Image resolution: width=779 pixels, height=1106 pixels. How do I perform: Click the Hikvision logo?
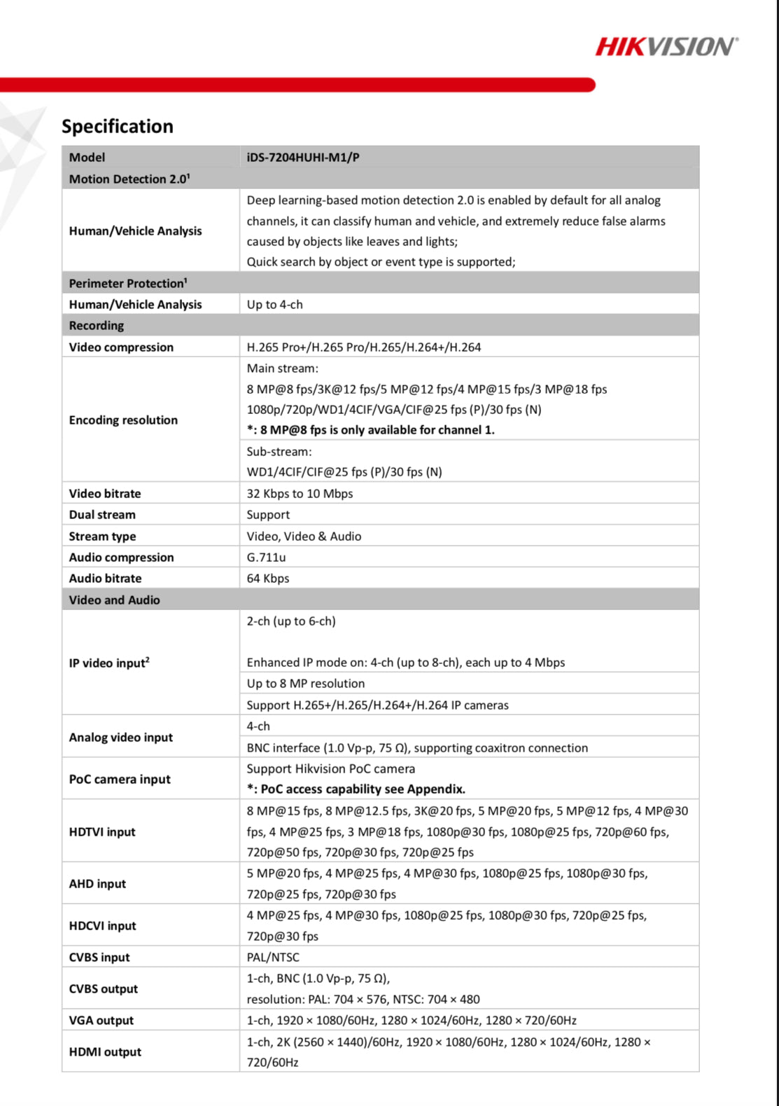click(666, 47)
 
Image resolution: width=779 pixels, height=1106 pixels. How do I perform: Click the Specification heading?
click(118, 126)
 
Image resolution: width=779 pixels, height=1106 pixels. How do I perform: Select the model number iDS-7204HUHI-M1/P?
click(303, 158)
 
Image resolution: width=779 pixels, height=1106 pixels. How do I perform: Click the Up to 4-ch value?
click(274, 305)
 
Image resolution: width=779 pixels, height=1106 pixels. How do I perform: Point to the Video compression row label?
click(121, 347)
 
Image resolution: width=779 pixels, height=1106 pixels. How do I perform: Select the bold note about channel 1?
click(370, 430)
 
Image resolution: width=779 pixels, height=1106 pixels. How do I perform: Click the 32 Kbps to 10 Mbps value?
click(300, 494)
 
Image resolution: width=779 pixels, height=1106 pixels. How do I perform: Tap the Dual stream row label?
click(102, 515)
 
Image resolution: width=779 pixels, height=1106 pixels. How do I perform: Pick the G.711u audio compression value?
click(266, 558)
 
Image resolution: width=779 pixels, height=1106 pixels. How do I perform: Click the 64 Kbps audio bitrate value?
click(267, 579)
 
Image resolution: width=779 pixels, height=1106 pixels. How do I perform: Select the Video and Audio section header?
click(114, 600)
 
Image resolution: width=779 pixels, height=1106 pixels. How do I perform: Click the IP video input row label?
click(109, 663)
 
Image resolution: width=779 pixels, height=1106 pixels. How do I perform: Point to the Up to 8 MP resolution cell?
click(305, 684)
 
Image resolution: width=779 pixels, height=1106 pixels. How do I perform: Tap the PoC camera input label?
click(120, 779)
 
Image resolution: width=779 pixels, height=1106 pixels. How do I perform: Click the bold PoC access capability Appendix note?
click(356, 789)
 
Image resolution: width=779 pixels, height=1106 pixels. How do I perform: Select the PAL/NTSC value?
click(272, 958)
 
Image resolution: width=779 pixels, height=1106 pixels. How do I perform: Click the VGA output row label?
click(101, 1021)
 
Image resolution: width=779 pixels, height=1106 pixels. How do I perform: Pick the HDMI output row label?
click(105, 1052)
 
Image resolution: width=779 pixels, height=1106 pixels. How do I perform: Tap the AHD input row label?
click(97, 884)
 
